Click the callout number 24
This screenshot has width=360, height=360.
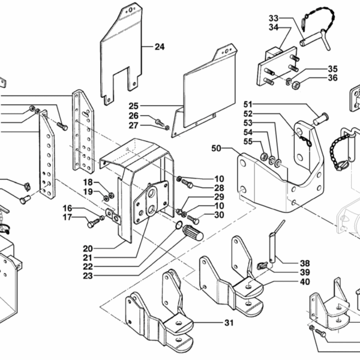tap(159, 46)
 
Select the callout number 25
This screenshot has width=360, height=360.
tap(134, 106)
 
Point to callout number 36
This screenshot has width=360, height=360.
tap(333, 78)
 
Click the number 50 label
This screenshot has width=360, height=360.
tap(217, 148)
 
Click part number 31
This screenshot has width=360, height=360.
tap(229, 323)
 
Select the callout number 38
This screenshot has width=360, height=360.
tap(305, 262)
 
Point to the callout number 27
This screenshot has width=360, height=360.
tap(134, 125)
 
